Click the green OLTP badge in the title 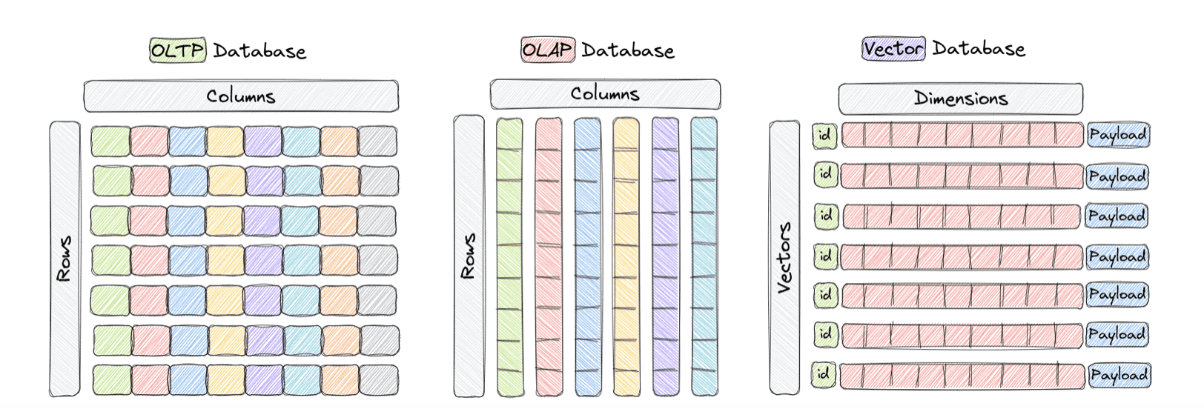(x=177, y=50)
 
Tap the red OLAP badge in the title (x=547, y=50)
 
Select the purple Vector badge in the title (x=893, y=49)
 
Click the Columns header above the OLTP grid (x=241, y=96)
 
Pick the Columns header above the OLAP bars (x=604, y=94)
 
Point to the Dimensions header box (x=960, y=99)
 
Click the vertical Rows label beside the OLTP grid (x=64, y=259)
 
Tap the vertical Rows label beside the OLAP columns (x=469, y=256)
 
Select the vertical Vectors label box (x=784, y=258)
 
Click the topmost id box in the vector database (x=824, y=136)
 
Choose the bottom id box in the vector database (x=824, y=374)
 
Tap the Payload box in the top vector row (x=1117, y=136)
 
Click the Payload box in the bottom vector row (x=1119, y=376)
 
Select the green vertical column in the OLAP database (x=509, y=256)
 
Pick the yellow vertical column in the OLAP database (x=626, y=256)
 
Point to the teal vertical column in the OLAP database (x=704, y=256)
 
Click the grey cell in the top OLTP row (x=377, y=142)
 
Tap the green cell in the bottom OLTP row (x=112, y=380)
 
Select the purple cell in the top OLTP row (x=262, y=142)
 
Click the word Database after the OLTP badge (x=259, y=51)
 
